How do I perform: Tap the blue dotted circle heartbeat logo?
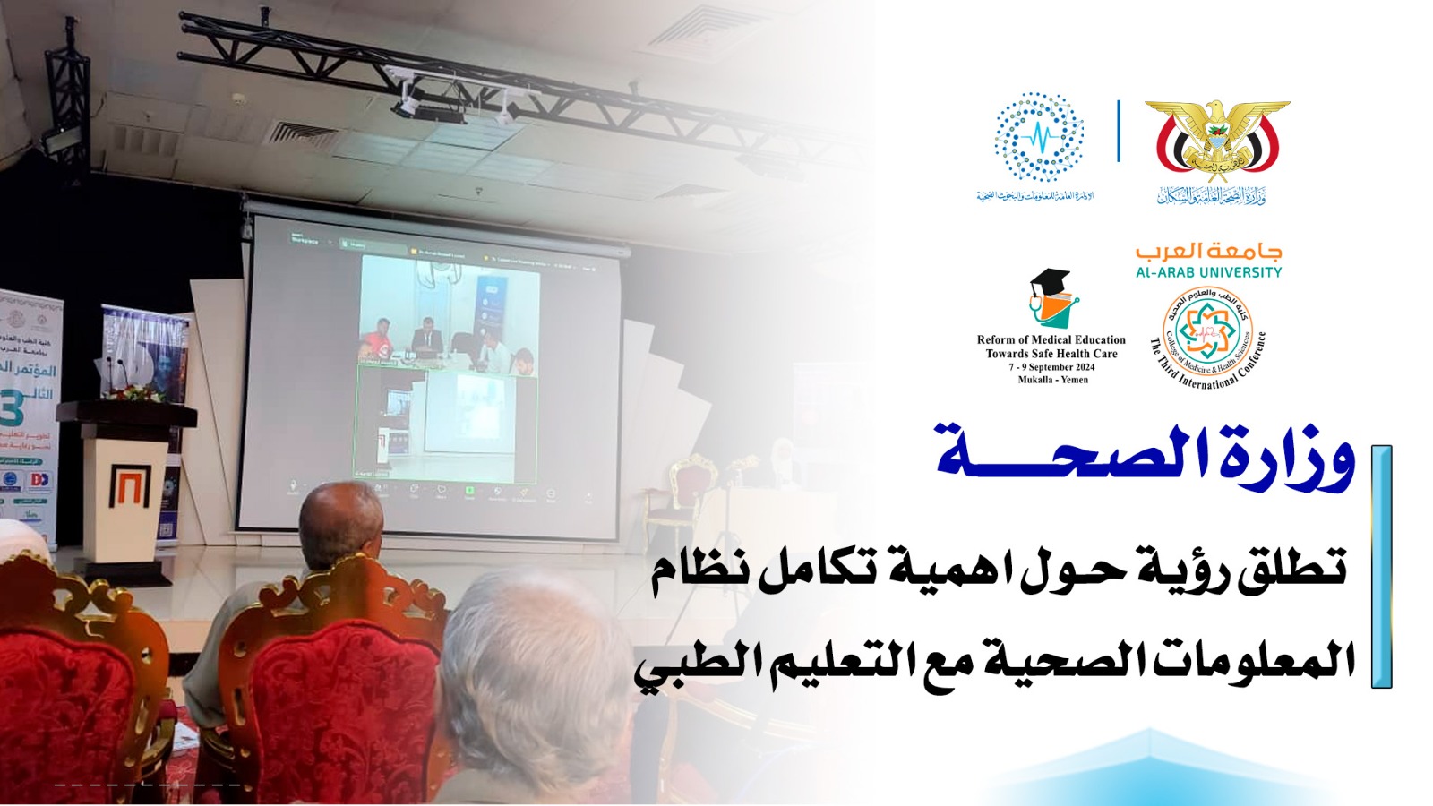click(x=1039, y=137)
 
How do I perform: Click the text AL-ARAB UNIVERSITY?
click(x=1208, y=272)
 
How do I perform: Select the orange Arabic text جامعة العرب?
click(x=1208, y=251)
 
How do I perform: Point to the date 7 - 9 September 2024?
click(x=1051, y=367)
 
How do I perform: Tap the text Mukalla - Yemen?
click(x=1052, y=380)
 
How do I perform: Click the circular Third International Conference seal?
click(x=1207, y=337)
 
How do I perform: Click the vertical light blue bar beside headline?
click(x=1381, y=566)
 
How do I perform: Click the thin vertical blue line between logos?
click(x=1119, y=131)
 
